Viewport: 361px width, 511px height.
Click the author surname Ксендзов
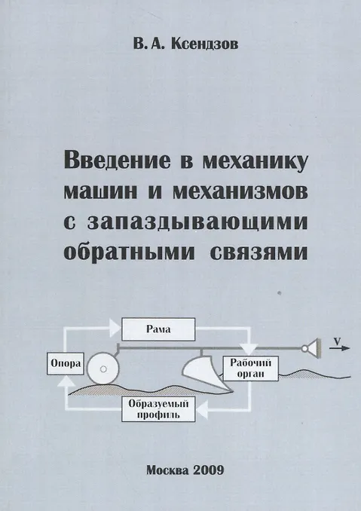[204, 44]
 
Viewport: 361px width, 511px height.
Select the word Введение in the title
[118, 161]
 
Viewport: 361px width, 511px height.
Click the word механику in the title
[255, 161]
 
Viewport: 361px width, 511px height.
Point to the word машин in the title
[100, 192]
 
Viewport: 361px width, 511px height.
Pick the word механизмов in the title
[240, 192]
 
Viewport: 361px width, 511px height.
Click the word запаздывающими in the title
[197, 222]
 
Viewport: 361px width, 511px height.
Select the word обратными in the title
[129, 251]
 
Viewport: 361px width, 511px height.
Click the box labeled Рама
[158, 329]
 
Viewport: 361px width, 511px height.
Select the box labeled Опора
[66, 363]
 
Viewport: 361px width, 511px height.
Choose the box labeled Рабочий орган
[250, 369]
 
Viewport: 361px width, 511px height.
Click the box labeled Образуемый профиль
[158, 409]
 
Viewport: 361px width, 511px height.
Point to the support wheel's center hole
[103, 369]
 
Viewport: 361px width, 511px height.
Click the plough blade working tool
[205, 373]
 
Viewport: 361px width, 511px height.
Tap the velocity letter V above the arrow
[337, 341]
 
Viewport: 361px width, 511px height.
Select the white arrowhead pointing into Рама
[115, 328]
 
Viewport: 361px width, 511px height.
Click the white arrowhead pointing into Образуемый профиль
[202, 409]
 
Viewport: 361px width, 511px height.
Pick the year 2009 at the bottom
[209, 470]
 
